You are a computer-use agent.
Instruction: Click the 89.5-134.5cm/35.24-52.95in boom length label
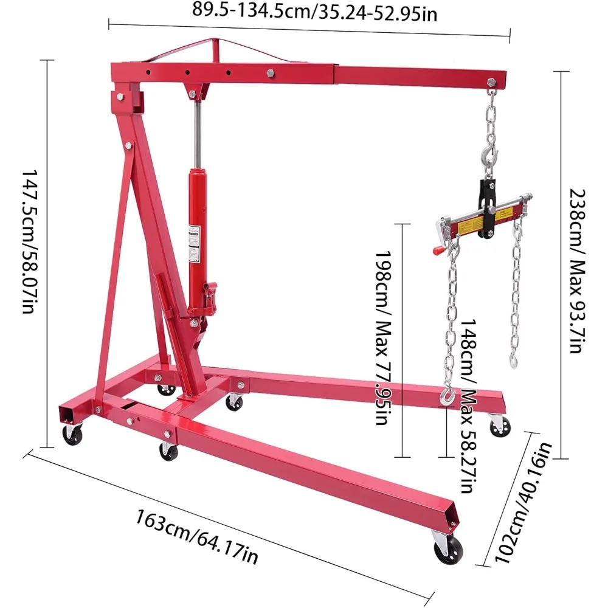coord(314,10)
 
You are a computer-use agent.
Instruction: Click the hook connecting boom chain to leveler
coord(489,159)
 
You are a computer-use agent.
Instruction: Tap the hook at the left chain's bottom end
coord(447,397)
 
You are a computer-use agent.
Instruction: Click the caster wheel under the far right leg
coord(499,426)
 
